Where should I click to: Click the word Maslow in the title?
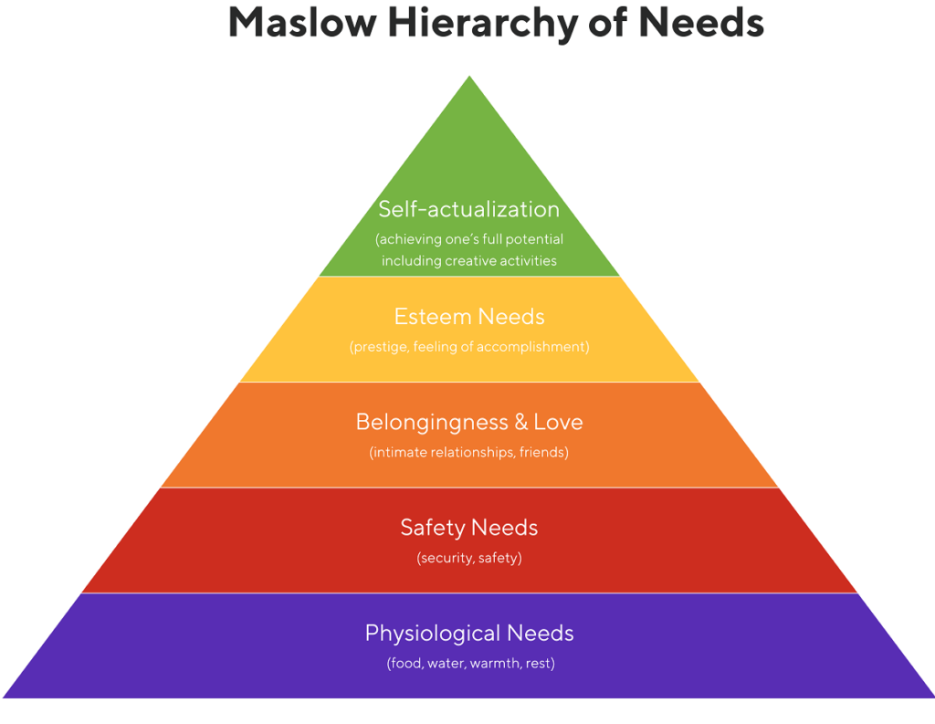tap(298, 22)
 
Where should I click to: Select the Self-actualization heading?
tap(469, 209)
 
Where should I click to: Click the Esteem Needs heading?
tap(469, 317)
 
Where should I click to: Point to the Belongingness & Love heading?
tap(469, 422)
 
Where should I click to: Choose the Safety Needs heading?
tap(469, 528)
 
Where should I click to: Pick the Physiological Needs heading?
tap(469, 633)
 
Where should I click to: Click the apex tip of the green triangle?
tap(469, 79)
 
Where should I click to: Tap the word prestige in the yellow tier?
tap(381, 348)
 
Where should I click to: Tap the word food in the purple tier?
tap(406, 664)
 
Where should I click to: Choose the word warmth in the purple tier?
tap(496, 664)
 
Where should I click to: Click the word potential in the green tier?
tap(531, 240)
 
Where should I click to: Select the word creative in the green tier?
tap(476, 261)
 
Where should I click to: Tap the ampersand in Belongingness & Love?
tap(520, 423)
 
